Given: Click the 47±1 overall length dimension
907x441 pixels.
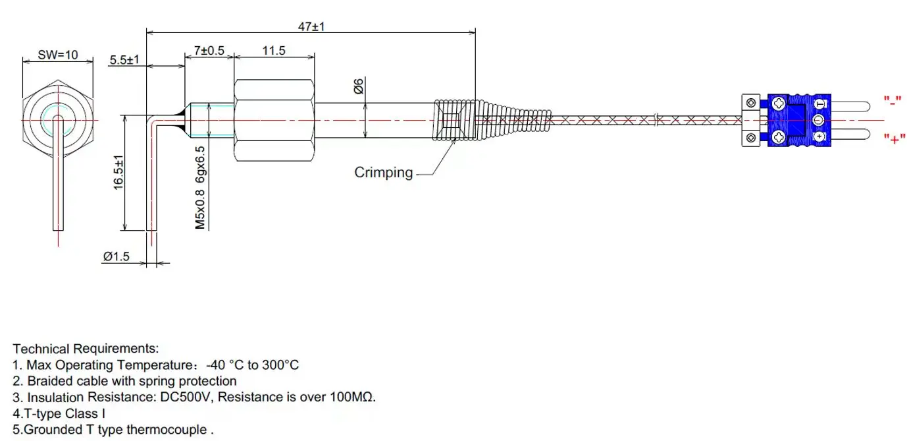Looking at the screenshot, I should pyautogui.click(x=311, y=27).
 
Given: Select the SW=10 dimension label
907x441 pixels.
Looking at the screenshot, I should pyautogui.click(x=57, y=55).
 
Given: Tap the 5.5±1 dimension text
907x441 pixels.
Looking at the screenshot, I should pyautogui.click(x=124, y=60).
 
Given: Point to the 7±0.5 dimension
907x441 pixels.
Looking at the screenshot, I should pyautogui.click(x=209, y=51).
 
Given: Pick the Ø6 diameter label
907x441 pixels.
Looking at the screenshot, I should pyautogui.click(x=359, y=86).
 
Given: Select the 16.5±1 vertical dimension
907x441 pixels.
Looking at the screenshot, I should pyautogui.click(x=118, y=173).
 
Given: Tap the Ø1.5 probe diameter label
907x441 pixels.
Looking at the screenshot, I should pyautogui.click(x=116, y=258).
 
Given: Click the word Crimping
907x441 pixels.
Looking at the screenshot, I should pyautogui.click(x=384, y=173).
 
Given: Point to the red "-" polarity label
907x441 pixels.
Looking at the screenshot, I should pyautogui.click(x=893, y=101).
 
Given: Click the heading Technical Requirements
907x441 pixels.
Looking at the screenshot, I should pyautogui.click(x=86, y=348).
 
